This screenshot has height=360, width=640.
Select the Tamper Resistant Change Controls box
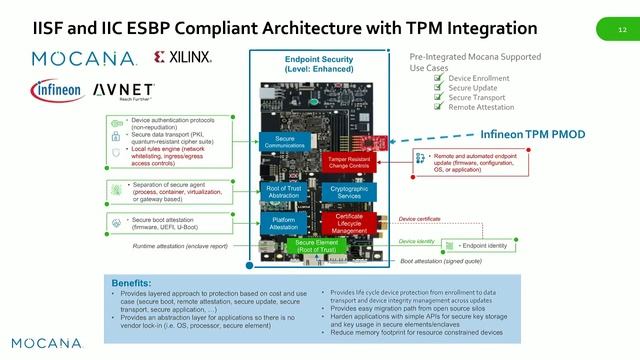(350, 162)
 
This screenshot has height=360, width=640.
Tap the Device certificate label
(420, 218)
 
